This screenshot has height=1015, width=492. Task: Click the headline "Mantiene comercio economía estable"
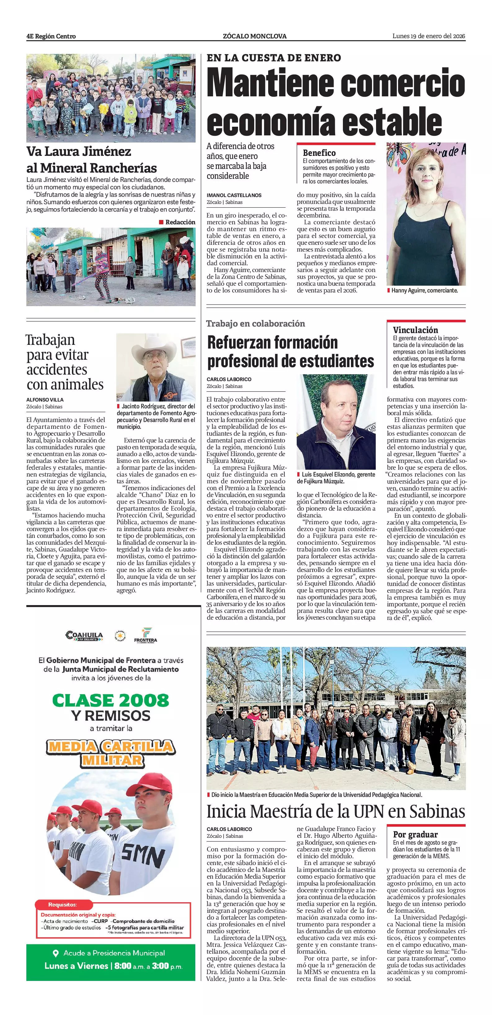pyautogui.click(x=336, y=102)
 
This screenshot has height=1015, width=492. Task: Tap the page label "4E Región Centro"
pyautogui.click(x=51, y=36)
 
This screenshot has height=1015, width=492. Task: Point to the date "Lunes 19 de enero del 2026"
pyautogui.click(x=428, y=36)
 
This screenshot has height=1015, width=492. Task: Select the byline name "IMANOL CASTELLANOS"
pyautogui.click(x=234, y=195)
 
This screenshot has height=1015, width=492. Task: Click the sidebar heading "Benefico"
pyautogui.click(x=319, y=153)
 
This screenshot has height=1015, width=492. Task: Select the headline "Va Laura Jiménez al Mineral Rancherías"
pyautogui.click(x=91, y=160)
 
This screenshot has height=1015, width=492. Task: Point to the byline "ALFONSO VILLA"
pyautogui.click(x=45, y=400)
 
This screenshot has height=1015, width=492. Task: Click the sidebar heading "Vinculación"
pyautogui.click(x=415, y=330)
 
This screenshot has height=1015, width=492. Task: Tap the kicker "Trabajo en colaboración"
pyautogui.click(x=255, y=323)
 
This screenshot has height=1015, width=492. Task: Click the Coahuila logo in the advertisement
pyautogui.click(x=84, y=635)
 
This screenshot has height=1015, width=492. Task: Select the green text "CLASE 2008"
pyautogui.click(x=110, y=700)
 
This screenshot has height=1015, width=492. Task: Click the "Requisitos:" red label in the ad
pyautogui.click(x=63, y=904)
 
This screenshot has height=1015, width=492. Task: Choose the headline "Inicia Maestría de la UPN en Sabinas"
pyautogui.click(x=336, y=811)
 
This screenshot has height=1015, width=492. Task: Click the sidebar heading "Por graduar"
pyautogui.click(x=415, y=834)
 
